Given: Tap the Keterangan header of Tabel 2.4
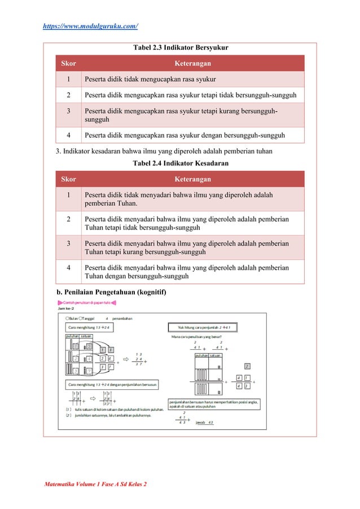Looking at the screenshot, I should point(192,179).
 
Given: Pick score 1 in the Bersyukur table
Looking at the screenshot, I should point(68,79).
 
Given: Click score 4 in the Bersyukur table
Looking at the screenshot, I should point(68,135).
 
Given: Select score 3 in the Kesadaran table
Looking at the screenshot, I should point(68,244).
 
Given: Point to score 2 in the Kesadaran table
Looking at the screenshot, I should point(68,219).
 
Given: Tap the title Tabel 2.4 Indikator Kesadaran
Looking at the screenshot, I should point(180,164).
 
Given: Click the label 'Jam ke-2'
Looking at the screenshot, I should point(65,309).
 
